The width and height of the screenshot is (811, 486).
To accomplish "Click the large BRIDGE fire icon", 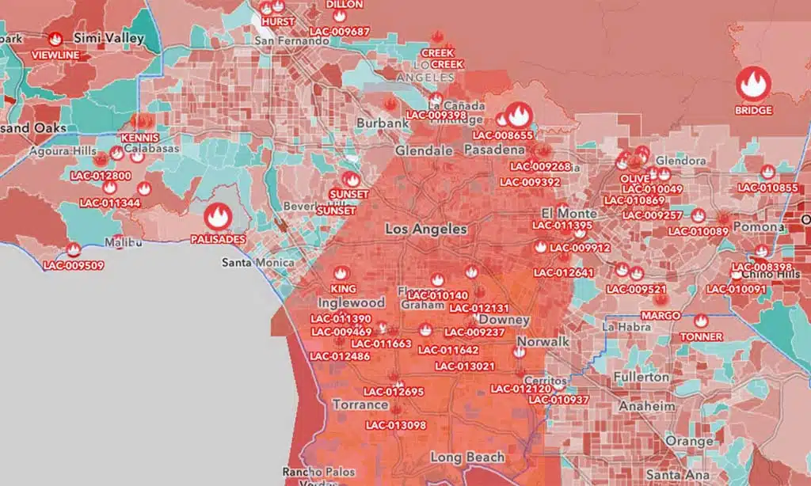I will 753,83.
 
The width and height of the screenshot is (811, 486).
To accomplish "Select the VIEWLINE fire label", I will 55,55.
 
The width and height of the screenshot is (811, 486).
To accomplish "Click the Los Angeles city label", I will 425,229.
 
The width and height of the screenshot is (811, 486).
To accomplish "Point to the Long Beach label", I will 466,457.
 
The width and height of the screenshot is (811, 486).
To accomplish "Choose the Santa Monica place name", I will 258,262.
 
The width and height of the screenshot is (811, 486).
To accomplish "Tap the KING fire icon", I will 342,273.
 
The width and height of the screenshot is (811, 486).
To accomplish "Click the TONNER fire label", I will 701,336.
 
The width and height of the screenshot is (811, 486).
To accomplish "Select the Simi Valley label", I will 109,37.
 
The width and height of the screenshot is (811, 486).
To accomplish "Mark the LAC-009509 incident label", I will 74,265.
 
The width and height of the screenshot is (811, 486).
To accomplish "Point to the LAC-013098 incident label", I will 396,425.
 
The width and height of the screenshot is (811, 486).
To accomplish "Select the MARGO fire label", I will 661,315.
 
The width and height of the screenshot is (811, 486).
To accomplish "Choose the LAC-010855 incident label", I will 767,188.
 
